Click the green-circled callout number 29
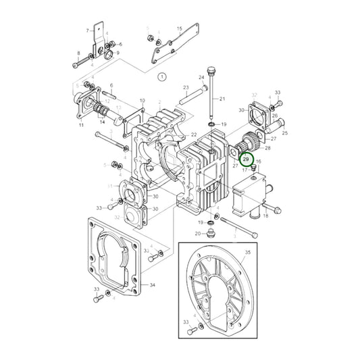pos(247,159)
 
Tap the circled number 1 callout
pos(161,78)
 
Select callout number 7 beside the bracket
pos(88,30)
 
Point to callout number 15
pos(180,28)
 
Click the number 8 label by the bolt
pos(78,53)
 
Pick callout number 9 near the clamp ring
pos(118,53)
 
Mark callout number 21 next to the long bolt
pos(223,100)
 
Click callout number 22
pos(193,135)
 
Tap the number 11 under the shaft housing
pos(81,126)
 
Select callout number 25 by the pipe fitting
pos(284,133)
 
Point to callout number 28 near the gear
pos(267,147)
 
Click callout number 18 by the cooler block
pos(265,215)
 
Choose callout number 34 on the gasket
pos(153,285)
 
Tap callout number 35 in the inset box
pos(247,252)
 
